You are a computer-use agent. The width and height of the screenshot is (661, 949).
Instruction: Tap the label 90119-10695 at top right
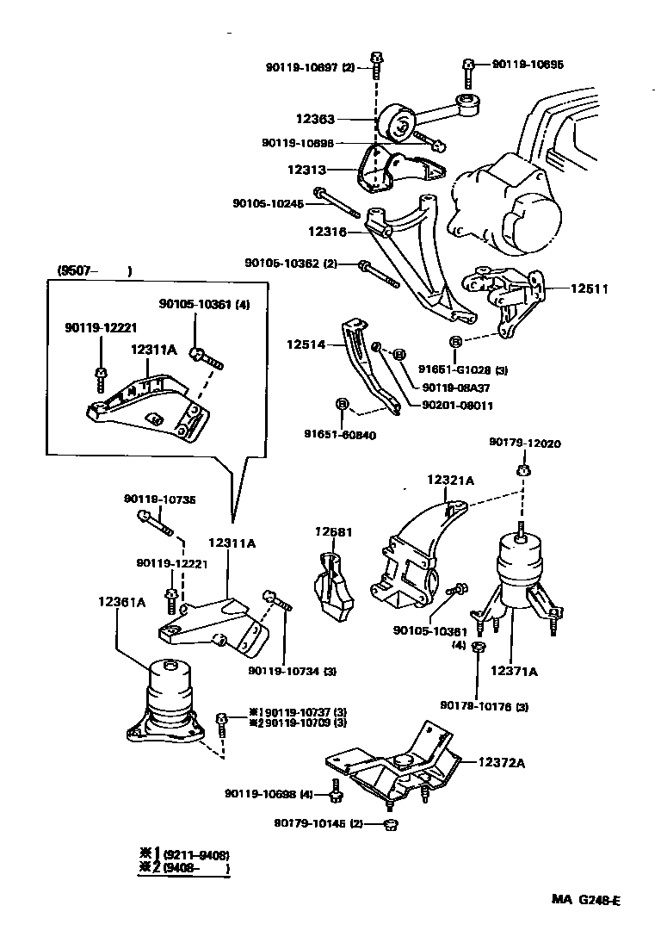click(x=528, y=64)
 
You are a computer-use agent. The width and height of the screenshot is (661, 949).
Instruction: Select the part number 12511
click(x=589, y=288)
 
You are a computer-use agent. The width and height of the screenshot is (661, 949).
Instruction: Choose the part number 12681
click(x=335, y=532)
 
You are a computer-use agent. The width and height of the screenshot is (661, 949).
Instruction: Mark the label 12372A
click(x=503, y=762)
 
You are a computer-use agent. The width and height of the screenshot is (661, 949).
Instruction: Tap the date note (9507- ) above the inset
click(x=94, y=271)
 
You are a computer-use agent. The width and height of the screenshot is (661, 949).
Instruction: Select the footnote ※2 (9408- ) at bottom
click(x=185, y=870)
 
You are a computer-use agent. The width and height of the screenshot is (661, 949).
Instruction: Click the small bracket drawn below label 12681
click(x=335, y=586)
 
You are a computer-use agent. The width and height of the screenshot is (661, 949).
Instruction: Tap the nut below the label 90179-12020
click(x=522, y=469)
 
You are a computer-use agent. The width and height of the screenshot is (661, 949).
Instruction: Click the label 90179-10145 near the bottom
click(x=311, y=824)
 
